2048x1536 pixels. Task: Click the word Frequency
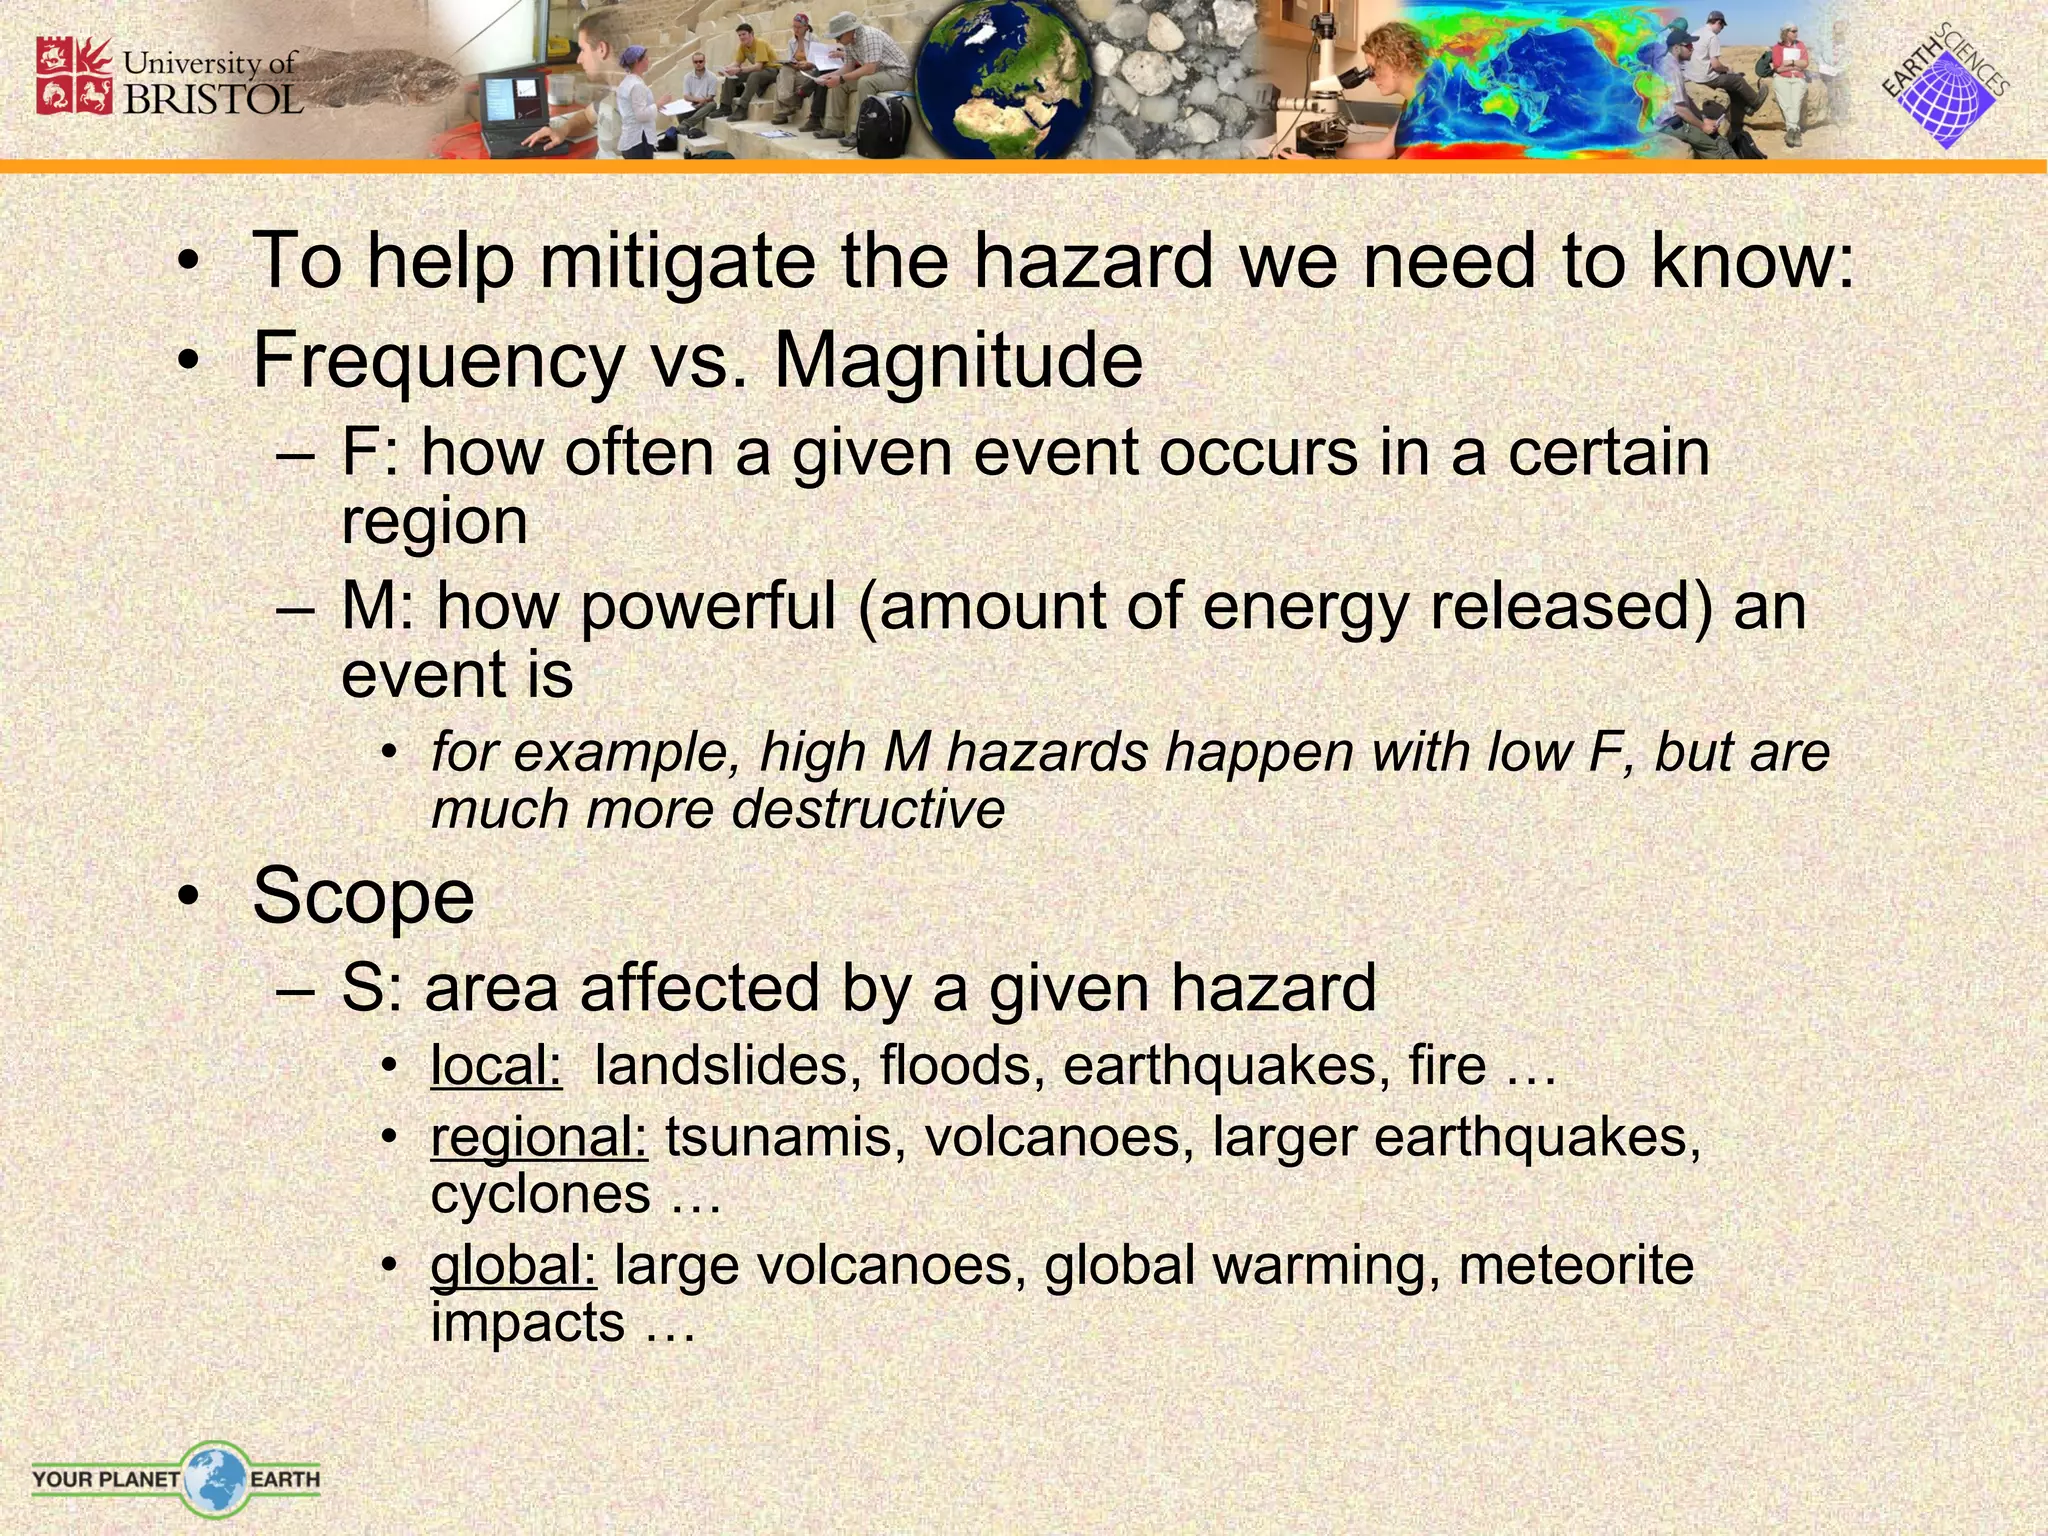439,362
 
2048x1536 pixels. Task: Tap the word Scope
363,896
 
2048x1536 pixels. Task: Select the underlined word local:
496,1066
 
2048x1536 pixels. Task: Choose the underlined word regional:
539,1138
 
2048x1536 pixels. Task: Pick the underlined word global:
513,1265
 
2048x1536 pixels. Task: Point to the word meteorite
1576,1265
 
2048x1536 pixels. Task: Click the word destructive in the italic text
868,809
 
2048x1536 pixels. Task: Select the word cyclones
541,1194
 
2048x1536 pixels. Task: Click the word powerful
708,607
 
